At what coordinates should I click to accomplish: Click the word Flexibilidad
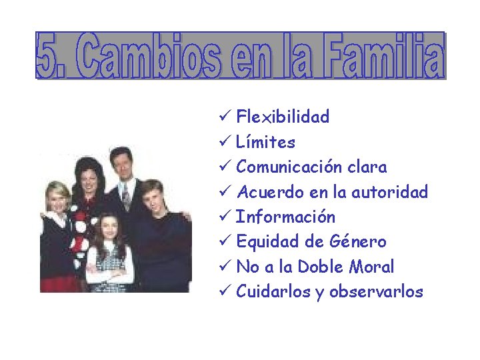click(x=283, y=117)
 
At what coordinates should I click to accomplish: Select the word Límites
click(x=265, y=143)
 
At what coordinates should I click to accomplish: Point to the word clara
click(x=365, y=167)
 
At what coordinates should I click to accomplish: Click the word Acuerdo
click(x=270, y=193)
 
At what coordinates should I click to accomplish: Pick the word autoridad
click(x=389, y=193)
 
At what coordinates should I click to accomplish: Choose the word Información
click(x=285, y=217)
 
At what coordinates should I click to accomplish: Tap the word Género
click(x=359, y=242)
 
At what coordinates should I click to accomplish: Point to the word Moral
click(x=371, y=267)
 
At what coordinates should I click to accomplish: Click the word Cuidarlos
click(x=274, y=292)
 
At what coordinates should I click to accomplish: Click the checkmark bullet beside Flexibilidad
click(x=225, y=117)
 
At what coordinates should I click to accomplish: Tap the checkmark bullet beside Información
click(x=225, y=217)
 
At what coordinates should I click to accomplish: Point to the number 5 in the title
click(x=47, y=56)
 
